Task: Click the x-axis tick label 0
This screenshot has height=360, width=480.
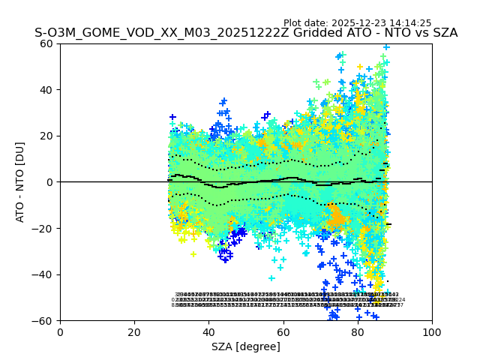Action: [60, 332]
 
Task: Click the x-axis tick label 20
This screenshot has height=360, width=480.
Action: [134, 332]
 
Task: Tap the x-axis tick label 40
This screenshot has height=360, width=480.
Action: [208, 332]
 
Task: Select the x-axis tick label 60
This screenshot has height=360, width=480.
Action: [283, 332]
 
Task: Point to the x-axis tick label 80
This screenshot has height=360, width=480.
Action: [357, 332]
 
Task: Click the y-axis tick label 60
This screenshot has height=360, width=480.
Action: [47, 43]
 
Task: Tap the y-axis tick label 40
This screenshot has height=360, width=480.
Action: [47, 90]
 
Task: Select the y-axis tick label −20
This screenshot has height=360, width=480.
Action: [44, 229]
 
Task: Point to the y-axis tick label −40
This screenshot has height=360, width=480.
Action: [44, 274]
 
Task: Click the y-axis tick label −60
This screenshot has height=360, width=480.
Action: [44, 321]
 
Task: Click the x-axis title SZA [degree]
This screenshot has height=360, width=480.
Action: [246, 346]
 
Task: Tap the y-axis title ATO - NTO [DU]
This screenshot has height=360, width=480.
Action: [21, 182]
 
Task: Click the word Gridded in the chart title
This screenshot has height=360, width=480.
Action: [305, 33]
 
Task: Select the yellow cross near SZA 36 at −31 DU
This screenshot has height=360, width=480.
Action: [193, 254]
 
